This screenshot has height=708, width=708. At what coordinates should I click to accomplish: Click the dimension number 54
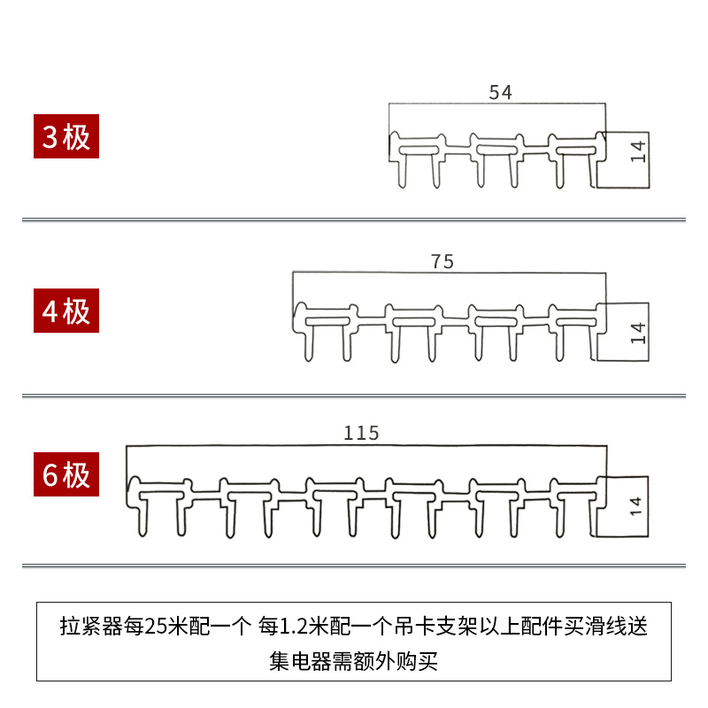point(500,92)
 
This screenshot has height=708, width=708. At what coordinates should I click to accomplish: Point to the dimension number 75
point(442,262)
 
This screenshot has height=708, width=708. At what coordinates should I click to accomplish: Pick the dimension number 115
point(361,433)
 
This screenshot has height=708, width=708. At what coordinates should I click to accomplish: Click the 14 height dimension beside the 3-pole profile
point(639,150)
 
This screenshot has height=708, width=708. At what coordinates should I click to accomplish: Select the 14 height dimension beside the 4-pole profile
point(639,332)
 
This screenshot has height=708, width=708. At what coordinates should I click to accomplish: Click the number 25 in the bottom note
point(155,628)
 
